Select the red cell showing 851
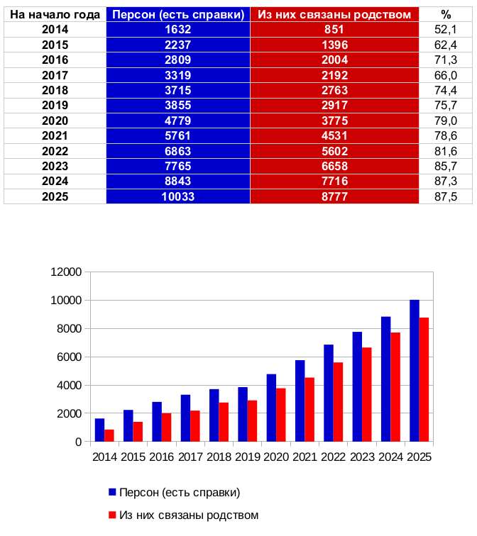[x=334, y=29]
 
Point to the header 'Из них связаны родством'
[x=334, y=14]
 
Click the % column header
[x=446, y=14]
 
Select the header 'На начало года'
[x=55, y=14]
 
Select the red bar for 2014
[x=109, y=435]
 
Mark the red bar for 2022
[x=338, y=402]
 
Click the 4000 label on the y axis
[x=70, y=386]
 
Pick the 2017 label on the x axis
[x=190, y=457]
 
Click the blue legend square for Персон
[x=112, y=491]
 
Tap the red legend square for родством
[x=112, y=514]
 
